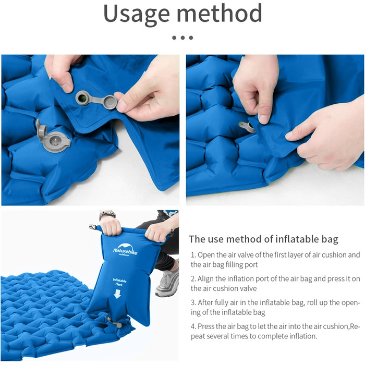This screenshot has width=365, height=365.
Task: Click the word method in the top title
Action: tap(220, 13)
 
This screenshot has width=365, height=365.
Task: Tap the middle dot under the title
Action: tap(182, 38)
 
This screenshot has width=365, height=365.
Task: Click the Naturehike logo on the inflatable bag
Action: tap(125, 250)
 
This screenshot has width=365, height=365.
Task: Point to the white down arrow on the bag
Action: tap(117, 294)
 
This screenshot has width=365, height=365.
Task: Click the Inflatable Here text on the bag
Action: tap(119, 282)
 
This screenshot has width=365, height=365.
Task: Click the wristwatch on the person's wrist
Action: tap(107, 215)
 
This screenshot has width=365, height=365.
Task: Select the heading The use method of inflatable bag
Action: tap(263, 239)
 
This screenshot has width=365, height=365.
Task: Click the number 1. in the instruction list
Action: tap(193, 255)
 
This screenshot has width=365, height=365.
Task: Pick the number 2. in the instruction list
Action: tap(193, 279)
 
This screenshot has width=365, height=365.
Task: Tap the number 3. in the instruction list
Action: tap(193, 302)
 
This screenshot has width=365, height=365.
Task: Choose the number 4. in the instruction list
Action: tap(193, 326)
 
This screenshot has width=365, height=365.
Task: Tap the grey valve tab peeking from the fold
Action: tap(247, 127)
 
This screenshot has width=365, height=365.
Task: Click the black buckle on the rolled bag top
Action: tap(93, 227)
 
